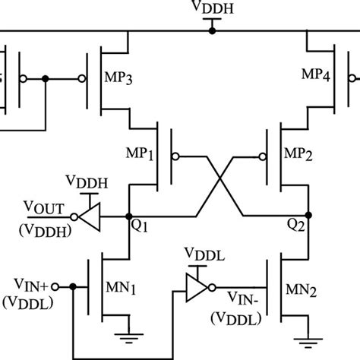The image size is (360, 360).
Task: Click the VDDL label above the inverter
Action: pos(204,253)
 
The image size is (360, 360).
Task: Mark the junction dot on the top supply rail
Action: pos(213,31)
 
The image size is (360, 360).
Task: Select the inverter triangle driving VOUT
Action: pos(91,216)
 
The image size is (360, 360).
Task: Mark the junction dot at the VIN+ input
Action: pos(72,288)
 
